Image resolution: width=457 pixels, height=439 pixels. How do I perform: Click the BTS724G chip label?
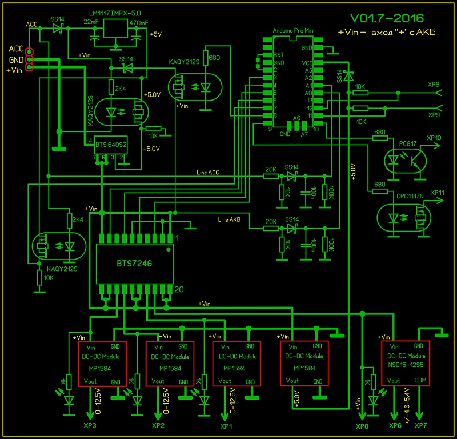point(134,262)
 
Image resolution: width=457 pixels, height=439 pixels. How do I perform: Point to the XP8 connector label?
point(434,85)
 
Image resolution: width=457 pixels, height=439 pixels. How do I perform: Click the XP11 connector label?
point(436,193)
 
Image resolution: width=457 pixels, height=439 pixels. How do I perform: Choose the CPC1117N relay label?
point(410,195)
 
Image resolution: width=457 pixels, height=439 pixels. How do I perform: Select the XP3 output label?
point(90,426)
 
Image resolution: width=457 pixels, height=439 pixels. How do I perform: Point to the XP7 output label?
point(420,426)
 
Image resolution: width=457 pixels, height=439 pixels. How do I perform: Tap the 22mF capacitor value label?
point(90,22)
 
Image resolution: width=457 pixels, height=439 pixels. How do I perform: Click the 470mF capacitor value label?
point(139,22)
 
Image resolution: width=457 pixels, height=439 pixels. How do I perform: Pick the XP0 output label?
point(363,426)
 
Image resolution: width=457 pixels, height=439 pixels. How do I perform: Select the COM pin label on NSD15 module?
point(420,380)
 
